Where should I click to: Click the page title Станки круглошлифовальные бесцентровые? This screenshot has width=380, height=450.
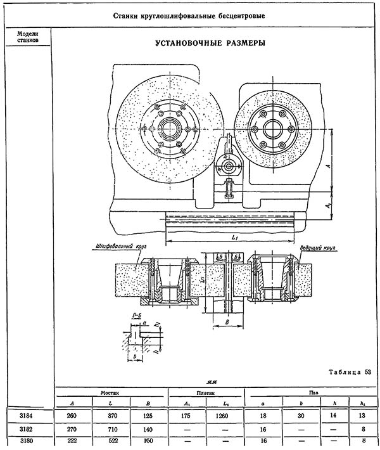(190, 15)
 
